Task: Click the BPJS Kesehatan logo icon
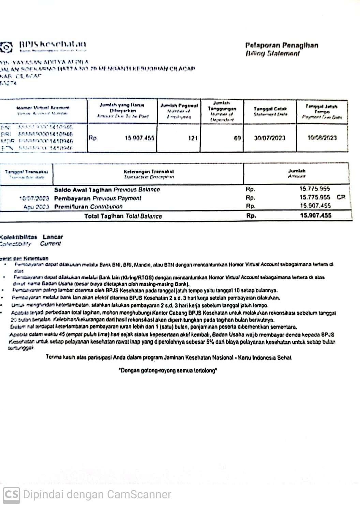[6, 46]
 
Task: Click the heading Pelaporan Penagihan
[282, 45]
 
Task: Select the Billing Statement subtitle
[272, 53]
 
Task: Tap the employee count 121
[193, 138]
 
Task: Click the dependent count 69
[237, 138]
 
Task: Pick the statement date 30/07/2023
[270, 138]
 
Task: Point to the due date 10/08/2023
[322, 138]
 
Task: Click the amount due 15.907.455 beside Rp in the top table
[139, 138]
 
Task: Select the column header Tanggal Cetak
[270, 109]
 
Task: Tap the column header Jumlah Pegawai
[179, 106]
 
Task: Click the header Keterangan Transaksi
[149, 172]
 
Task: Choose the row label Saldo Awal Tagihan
[83, 190]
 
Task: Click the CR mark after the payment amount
[341, 197]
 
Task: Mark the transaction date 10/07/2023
[34, 198]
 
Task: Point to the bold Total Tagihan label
[104, 216]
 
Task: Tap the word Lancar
[53, 237]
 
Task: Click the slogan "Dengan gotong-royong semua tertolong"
[168, 371]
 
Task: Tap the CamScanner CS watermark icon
[11, 494]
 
